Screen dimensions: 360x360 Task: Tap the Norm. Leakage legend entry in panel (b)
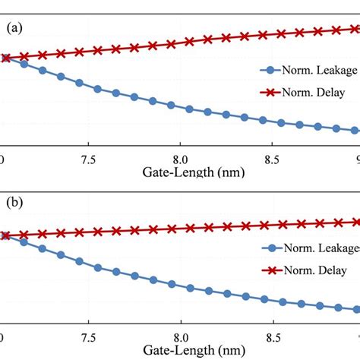point(317,248)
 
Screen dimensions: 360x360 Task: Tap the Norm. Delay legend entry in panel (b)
point(312,271)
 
